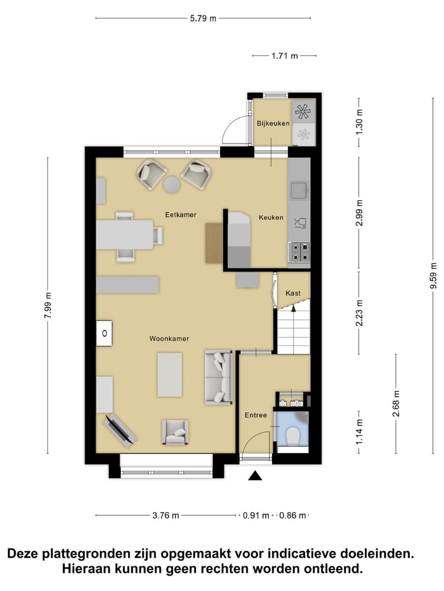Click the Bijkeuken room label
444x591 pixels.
click(x=273, y=123)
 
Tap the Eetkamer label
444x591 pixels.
click(x=181, y=214)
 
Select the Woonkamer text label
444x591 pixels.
click(x=169, y=339)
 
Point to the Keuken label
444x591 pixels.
click(x=271, y=217)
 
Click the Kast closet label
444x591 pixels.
click(x=293, y=293)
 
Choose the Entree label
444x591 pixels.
click(x=255, y=415)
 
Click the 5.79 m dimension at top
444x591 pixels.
click(x=203, y=18)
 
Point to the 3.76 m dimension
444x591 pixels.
click(x=166, y=515)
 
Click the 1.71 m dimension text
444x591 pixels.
click(x=284, y=56)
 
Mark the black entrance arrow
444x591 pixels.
click(x=254, y=475)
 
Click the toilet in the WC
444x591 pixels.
click(x=293, y=436)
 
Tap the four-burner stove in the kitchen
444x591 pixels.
click(x=299, y=251)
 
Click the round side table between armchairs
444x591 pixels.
click(x=172, y=184)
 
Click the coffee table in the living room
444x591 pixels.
click(x=170, y=374)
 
